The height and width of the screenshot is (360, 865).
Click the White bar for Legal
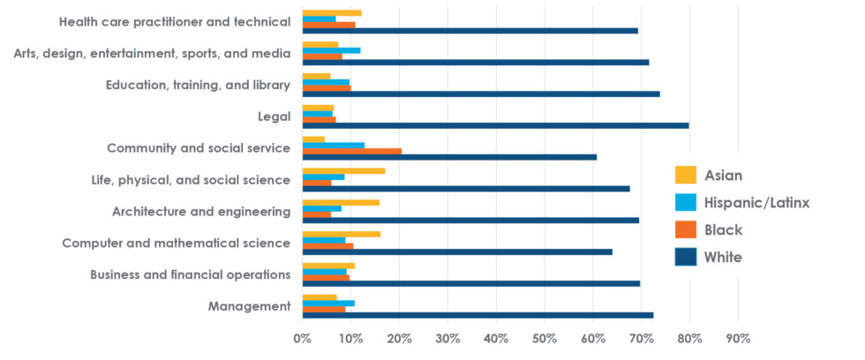point(495,125)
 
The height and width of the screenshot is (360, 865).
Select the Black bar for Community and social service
point(351,151)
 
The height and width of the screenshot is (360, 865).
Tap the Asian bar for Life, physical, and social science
point(343,170)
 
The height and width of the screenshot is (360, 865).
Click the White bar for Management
point(478,315)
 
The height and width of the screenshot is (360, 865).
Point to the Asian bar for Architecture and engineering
point(341,202)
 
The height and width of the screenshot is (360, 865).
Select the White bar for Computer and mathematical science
point(457,251)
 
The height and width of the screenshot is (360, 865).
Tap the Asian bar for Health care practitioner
point(332,12)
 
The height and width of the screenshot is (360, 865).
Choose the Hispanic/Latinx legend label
point(756,203)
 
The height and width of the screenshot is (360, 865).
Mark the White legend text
point(723,258)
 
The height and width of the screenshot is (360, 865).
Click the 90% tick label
point(738,338)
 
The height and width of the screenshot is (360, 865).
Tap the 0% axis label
point(302,338)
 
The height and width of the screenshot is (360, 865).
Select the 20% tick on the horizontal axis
point(399,338)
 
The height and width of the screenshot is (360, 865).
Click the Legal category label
point(271,116)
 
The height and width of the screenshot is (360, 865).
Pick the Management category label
point(249,306)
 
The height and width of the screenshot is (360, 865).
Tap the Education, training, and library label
point(198,85)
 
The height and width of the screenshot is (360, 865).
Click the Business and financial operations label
point(190,274)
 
